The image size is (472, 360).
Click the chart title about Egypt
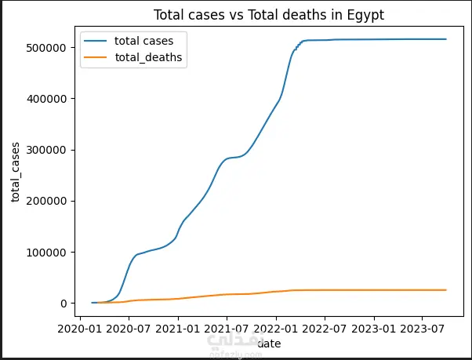[x=269, y=15]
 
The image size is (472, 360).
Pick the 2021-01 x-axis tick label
[x=178, y=329]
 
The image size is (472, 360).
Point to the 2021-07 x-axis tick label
[x=227, y=329]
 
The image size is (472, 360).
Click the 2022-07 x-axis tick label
[x=325, y=329]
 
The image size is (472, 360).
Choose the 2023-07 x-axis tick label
[x=423, y=329]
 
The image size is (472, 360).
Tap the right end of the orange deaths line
[x=445, y=290]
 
